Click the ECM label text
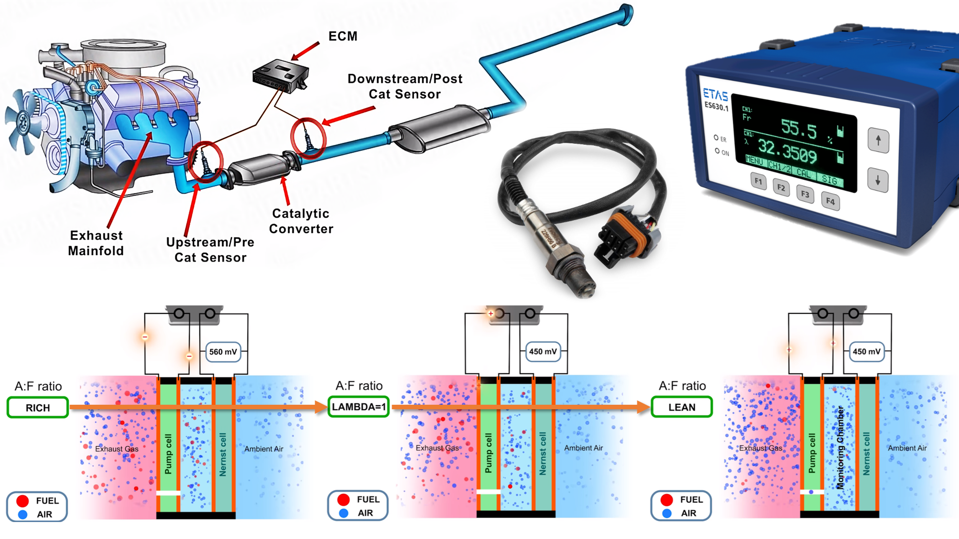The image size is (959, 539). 343,36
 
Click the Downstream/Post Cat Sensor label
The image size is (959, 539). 405,86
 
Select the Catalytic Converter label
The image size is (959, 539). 301,221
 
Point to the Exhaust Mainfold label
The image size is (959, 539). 96,243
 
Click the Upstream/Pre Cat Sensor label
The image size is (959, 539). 210,250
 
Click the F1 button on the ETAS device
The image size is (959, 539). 758,181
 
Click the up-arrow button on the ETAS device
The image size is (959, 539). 878,140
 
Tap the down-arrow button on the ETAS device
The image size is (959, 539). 878,180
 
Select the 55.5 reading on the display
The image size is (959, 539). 799,129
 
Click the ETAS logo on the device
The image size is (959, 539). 715,94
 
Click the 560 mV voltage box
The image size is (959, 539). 223,352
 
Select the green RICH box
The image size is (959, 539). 37,408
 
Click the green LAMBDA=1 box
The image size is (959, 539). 359,407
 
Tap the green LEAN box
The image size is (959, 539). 682,407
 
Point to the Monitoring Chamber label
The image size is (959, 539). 840,447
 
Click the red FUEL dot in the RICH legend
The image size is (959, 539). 22,501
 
